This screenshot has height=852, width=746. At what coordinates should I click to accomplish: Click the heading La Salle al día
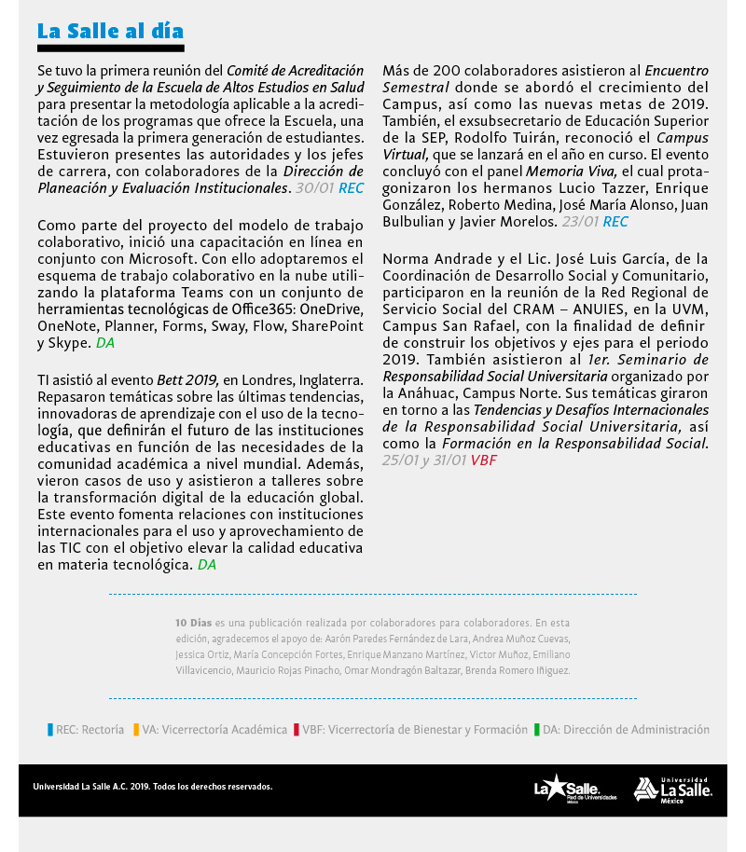110,31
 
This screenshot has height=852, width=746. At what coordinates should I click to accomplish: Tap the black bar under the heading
110,48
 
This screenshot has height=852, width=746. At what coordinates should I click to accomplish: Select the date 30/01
313,187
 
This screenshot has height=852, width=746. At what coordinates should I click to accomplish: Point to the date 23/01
580,222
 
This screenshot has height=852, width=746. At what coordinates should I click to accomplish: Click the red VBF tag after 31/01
484,460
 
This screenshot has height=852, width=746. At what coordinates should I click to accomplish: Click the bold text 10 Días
194,622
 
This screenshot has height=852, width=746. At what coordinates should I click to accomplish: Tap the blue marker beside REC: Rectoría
50,730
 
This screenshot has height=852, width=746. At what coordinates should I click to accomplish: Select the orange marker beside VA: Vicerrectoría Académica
136,730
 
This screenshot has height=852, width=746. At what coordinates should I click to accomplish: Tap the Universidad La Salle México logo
673,789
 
